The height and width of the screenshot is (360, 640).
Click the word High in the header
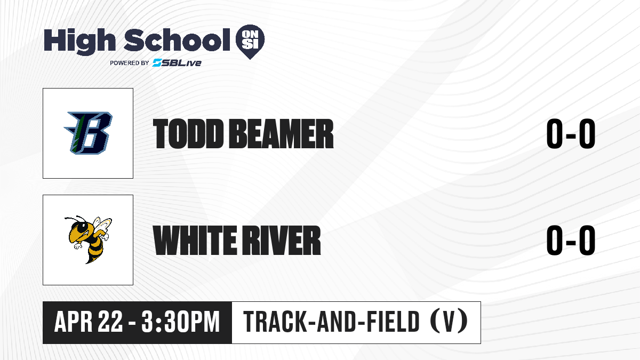point(79,42)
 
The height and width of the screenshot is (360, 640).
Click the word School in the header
point(177,39)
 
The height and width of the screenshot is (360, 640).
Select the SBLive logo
point(177,62)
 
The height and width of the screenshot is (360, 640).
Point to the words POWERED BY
point(130,63)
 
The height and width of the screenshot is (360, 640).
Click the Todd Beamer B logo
point(88,133)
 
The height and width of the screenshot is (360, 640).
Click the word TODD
point(188,134)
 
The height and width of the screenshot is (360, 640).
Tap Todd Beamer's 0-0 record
point(571,134)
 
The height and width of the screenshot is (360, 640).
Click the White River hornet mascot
point(88,239)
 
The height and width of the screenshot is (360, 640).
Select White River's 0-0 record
point(571,241)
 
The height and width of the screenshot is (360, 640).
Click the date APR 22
point(89,322)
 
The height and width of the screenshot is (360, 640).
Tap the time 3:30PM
point(180,322)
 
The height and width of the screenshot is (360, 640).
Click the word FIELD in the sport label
point(393,322)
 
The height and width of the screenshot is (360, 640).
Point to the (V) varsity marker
point(449,322)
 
